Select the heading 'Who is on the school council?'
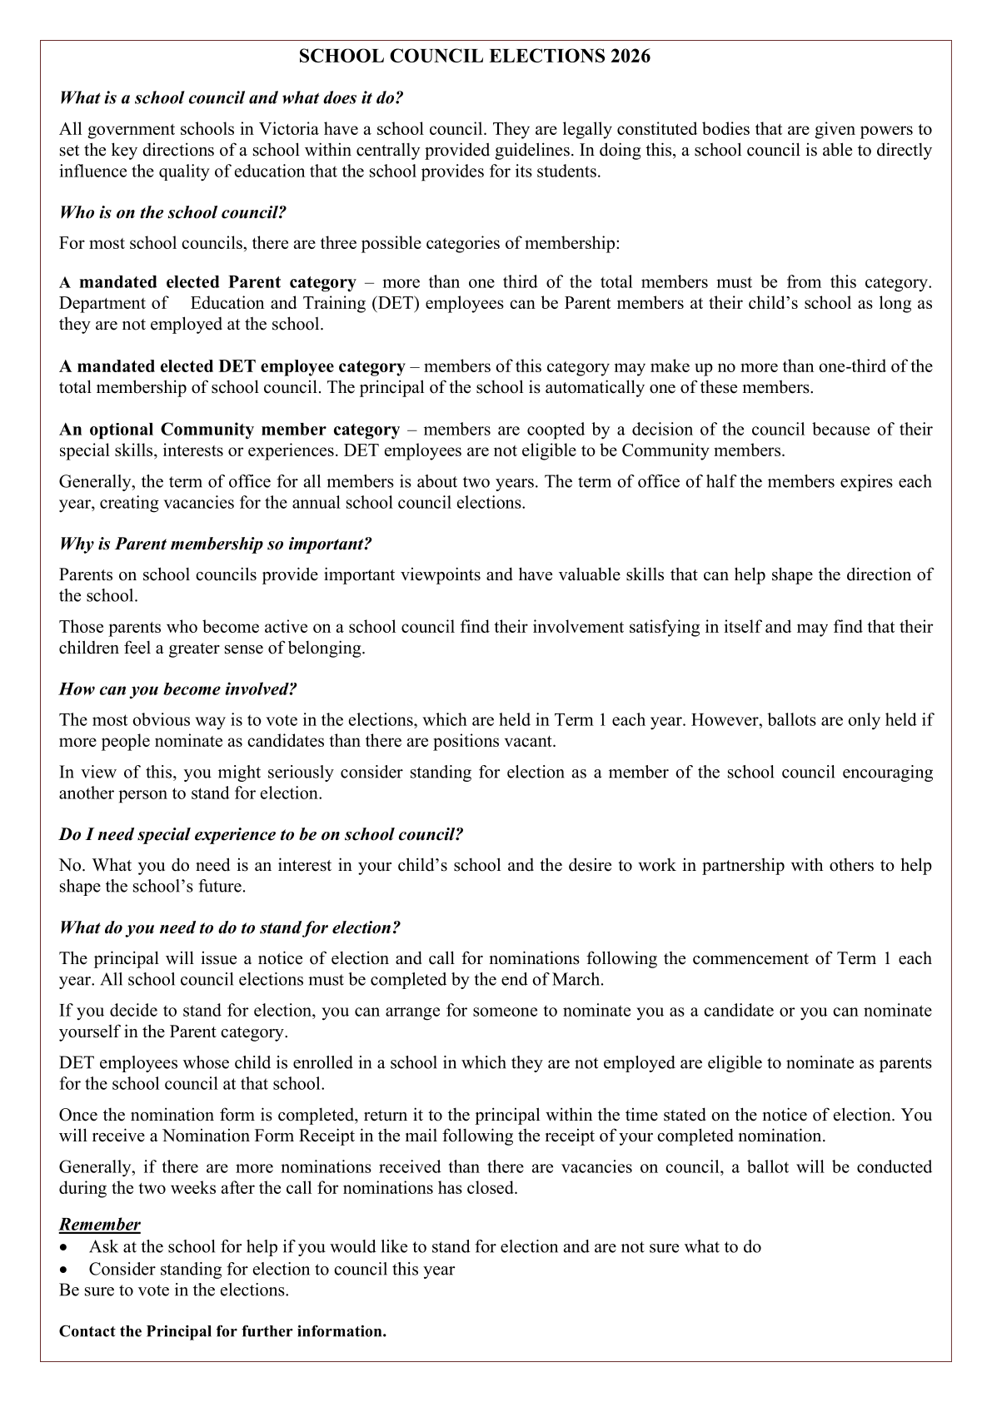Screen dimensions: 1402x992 (x=172, y=212)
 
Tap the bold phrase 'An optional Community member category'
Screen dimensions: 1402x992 (x=229, y=430)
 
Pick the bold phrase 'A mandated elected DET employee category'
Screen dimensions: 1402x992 (x=232, y=366)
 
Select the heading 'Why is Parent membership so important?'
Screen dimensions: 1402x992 (x=215, y=544)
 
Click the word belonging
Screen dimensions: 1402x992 (x=329, y=648)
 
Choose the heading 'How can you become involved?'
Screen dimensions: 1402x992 (x=178, y=689)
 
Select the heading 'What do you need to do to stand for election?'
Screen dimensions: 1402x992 (x=230, y=927)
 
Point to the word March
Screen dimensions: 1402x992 (x=576, y=979)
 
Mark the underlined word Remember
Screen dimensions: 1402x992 (x=100, y=1224)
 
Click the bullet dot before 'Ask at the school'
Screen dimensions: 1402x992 (x=65, y=1247)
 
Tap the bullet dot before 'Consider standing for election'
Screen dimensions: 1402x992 (x=65, y=1270)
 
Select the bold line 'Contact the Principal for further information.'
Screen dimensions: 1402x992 (x=222, y=1331)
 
